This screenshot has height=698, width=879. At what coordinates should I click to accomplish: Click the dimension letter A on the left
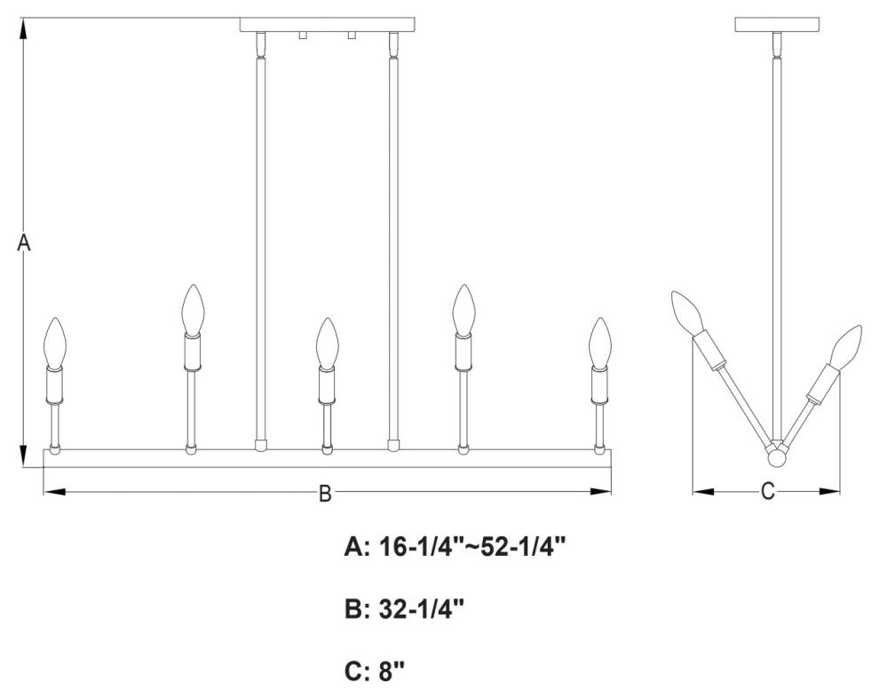[25, 242]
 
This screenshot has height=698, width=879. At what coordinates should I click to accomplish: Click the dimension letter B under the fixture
[325, 494]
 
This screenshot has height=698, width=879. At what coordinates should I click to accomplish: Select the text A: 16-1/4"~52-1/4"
[455, 548]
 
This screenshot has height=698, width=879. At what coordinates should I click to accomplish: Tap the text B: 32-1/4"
[404, 610]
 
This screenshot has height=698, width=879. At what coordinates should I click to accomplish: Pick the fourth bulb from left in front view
[463, 308]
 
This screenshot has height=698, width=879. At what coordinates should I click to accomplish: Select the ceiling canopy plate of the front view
[329, 24]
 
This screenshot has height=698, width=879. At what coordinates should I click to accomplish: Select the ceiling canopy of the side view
[776, 24]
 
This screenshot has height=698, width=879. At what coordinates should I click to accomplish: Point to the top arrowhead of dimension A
[25, 27]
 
